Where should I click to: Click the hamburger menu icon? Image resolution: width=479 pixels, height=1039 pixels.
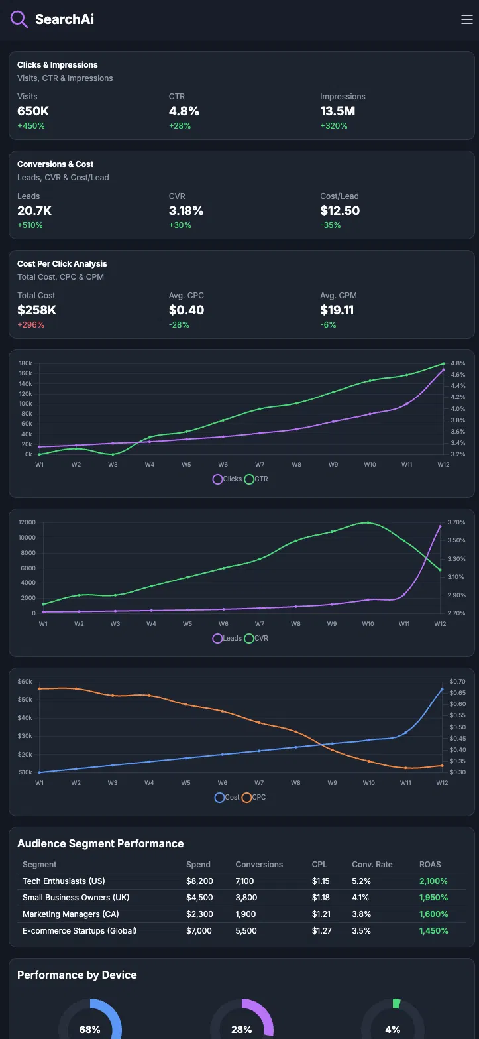click(466, 19)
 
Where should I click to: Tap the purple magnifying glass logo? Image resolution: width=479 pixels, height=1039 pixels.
click(19, 19)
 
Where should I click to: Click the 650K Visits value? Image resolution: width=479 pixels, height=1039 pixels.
click(33, 111)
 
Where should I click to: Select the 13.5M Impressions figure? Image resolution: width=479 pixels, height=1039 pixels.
click(337, 111)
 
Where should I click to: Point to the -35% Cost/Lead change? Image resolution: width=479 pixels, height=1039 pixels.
click(330, 225)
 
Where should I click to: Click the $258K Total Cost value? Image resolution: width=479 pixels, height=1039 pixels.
click(36, 310)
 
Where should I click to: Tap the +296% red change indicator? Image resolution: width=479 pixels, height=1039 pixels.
click(30, 325)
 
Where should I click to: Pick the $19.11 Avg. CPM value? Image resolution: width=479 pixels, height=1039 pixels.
click(337, 310)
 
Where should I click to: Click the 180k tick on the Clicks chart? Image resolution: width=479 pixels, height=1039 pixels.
click(26, 363)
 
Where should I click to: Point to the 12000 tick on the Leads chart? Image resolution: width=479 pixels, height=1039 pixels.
click(27, 522)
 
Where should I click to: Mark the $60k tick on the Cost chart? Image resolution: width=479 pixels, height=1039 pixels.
click(25, 682)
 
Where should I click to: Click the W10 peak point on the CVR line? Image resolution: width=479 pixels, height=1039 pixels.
click(368, 522)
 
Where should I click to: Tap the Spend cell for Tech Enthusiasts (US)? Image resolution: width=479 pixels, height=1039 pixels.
click(199, 881)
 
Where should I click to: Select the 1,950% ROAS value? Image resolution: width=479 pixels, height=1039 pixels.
click(433, 898)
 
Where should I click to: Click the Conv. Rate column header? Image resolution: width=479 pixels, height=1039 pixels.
click(372, 865)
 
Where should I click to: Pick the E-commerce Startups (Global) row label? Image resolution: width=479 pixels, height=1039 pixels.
click(80, 931)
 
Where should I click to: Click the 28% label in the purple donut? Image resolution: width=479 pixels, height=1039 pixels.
click(241, 1030)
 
